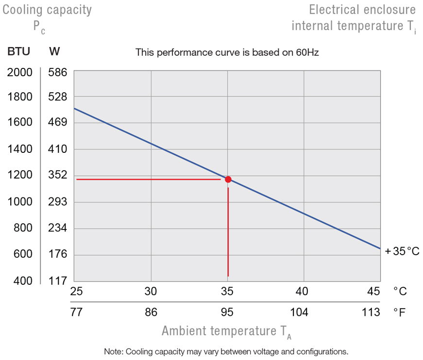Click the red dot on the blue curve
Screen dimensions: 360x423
pyautogui.click(x=228, y=180)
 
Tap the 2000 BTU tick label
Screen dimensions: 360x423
pyautogui.click(x=19, y=72)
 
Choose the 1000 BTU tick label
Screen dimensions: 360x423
pyautogui.click(x=19, y=201)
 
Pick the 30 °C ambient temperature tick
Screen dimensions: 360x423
pyautogui.click(x=151, y=291)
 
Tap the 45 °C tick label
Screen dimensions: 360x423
pyautogui.click(x=373, y=291)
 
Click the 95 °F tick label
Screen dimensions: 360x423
pyautogui.click(x=227, y=312)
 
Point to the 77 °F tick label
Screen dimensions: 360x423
pyautogui.click(x=76, y=312)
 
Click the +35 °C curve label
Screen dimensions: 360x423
pyautogui.click(x=402, y=251)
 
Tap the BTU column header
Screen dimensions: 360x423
pyautogui.click(x=18, y=51)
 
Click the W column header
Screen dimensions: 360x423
pyautogui.click(x=54, y=51)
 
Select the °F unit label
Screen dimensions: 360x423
pyautogui.click(x=399, y=312)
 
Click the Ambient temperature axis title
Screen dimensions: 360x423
pyautogui.click(x=227, y=332)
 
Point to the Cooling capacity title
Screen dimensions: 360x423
pyautogui.click(x=47, y=10)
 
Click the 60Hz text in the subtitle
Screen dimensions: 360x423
pyautogui.click(x=307, y=52)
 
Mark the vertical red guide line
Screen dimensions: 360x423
pyautogui.click(x=228, y=233)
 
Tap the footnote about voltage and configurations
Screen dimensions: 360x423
pyautogui.click(x=226, y=351)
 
